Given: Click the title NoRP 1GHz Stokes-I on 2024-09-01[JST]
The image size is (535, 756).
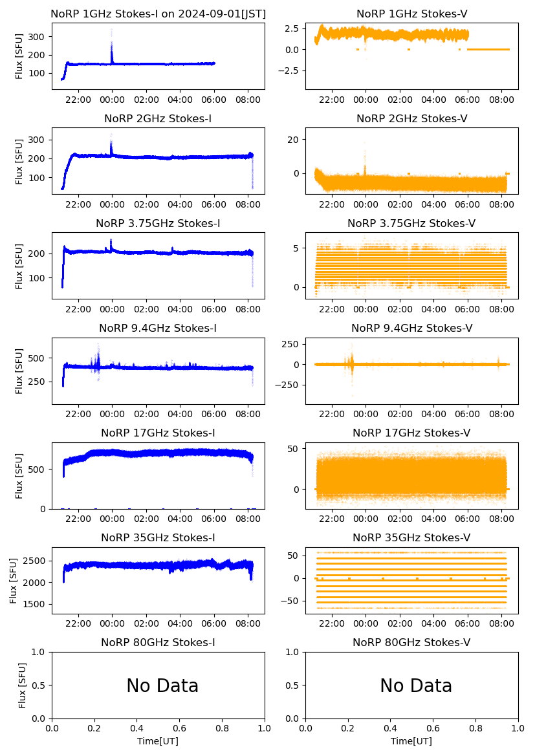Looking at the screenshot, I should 158,14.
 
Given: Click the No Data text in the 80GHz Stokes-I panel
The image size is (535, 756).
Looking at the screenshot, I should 162,686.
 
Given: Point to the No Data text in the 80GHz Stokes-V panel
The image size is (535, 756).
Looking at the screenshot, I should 416,686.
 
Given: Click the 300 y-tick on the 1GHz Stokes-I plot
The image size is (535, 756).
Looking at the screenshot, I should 38,37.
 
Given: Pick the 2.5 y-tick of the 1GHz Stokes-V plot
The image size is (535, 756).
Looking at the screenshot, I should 292,28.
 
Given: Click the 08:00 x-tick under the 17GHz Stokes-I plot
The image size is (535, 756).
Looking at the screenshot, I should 248,519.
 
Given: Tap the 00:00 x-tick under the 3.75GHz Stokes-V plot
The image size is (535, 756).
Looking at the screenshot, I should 366,309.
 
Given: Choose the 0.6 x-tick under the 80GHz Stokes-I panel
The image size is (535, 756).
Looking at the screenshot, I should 180,728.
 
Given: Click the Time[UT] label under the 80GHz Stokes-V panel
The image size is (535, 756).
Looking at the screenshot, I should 411,740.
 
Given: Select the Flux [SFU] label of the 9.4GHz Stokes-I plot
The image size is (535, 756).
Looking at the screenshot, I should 20,371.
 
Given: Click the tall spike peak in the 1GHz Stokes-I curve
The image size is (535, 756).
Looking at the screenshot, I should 112,30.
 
